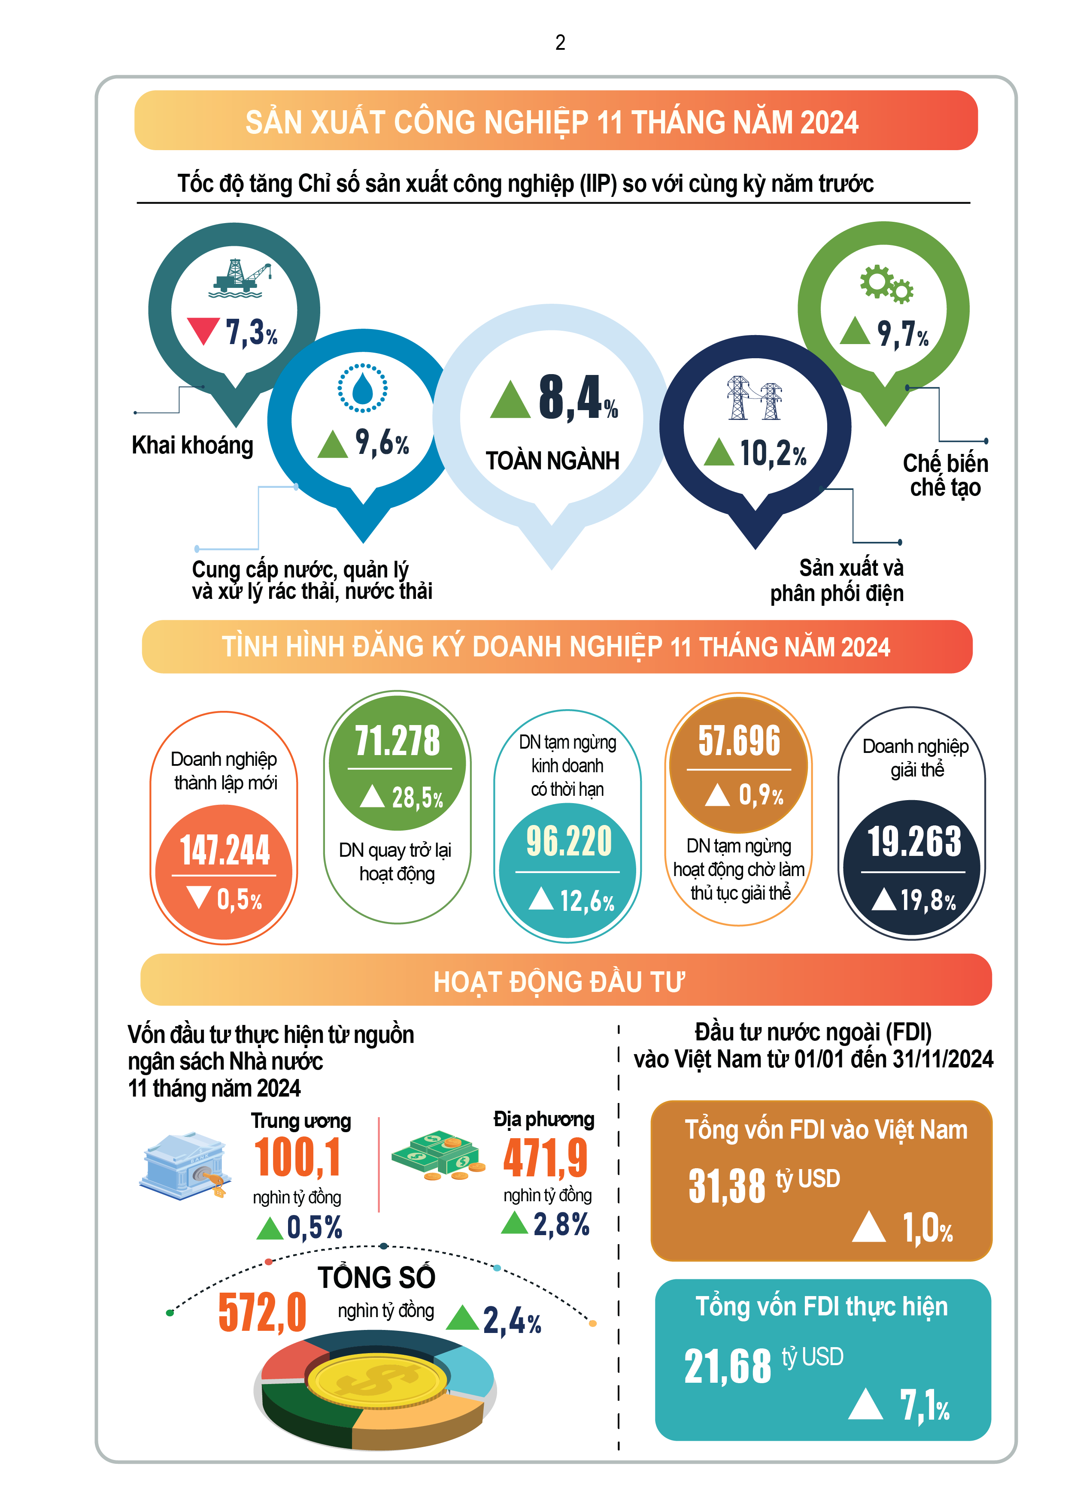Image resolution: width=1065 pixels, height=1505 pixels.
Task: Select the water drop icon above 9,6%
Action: [362, 388]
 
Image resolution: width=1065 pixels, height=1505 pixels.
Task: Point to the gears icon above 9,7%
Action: [886, 284]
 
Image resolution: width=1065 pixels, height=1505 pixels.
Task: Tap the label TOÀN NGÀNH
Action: [552, 461]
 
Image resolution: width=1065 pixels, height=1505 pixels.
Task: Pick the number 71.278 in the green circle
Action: [397, 740]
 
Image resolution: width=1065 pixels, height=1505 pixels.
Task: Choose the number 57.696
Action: [739, 740]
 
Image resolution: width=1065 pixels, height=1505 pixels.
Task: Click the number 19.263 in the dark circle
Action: [914, 842]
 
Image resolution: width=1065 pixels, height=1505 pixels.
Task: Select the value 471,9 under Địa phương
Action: [545, 1159]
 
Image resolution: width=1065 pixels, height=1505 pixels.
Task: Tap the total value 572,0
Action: [262, 1313]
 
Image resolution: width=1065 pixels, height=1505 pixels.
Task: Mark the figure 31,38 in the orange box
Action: [727, 1186]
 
